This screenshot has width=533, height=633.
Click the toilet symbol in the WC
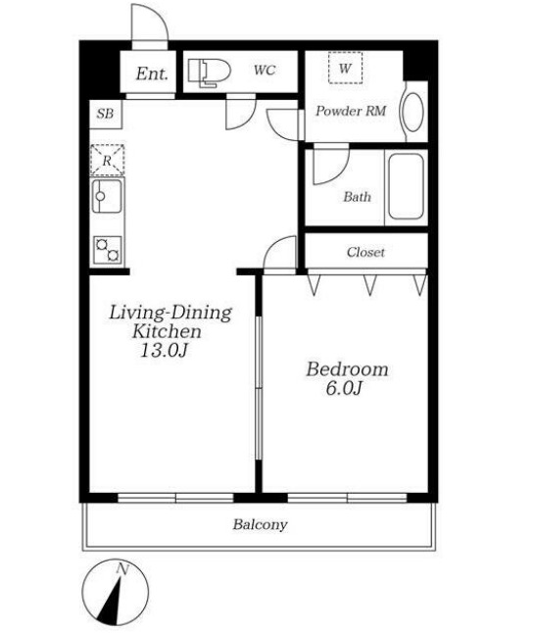[209, 73]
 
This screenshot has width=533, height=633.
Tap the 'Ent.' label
[152, 73]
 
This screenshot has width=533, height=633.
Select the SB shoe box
[106, 115]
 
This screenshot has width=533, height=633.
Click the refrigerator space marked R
[107, 161]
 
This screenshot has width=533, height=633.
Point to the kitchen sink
[107, 196]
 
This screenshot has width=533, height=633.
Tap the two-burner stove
[108, 250]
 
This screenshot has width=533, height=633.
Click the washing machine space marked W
[345, 68]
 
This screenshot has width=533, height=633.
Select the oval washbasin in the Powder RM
[412, 113]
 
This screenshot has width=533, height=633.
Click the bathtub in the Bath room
[407, 187]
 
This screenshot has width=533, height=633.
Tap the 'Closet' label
[365, 252]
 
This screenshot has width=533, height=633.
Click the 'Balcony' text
[260, 525]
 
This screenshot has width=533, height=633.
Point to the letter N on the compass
[121, 569]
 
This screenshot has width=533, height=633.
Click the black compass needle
[110, 600]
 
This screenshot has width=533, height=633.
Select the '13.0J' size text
[164, 350]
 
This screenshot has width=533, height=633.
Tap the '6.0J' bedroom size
[343, 388]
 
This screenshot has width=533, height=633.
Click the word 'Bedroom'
[347, 369]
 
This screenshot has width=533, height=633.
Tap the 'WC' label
[265, 71]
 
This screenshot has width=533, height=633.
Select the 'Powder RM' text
[351, 111]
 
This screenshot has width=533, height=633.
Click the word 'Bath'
[357, 197]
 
